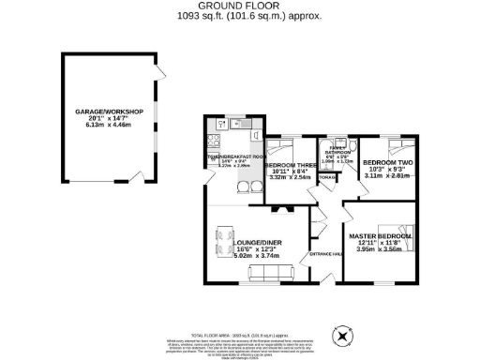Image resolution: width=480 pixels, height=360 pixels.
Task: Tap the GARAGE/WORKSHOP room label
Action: [109, 112]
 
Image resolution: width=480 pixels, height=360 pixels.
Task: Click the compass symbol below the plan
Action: [344, 334]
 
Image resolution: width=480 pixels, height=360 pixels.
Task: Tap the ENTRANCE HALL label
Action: [322, 253]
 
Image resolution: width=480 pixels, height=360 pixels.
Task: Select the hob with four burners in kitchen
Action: [213, 142]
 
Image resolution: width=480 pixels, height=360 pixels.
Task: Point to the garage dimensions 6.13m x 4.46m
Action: [109, 125]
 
